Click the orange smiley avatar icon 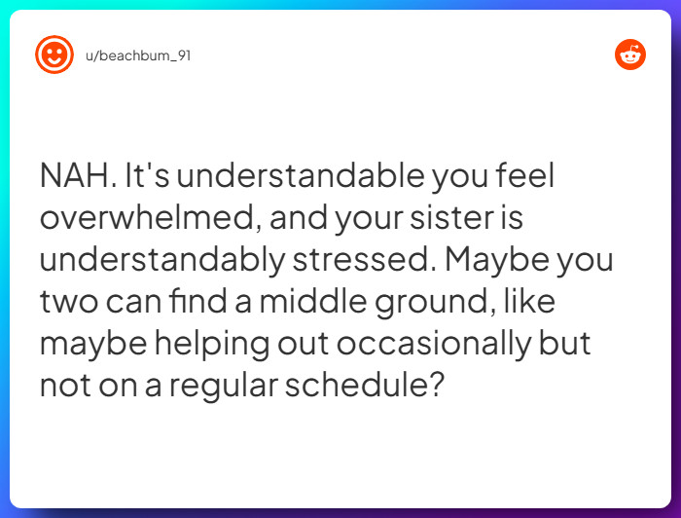pos(54,55)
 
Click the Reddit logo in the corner pos(630,55)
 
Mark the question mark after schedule pos(437,385)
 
